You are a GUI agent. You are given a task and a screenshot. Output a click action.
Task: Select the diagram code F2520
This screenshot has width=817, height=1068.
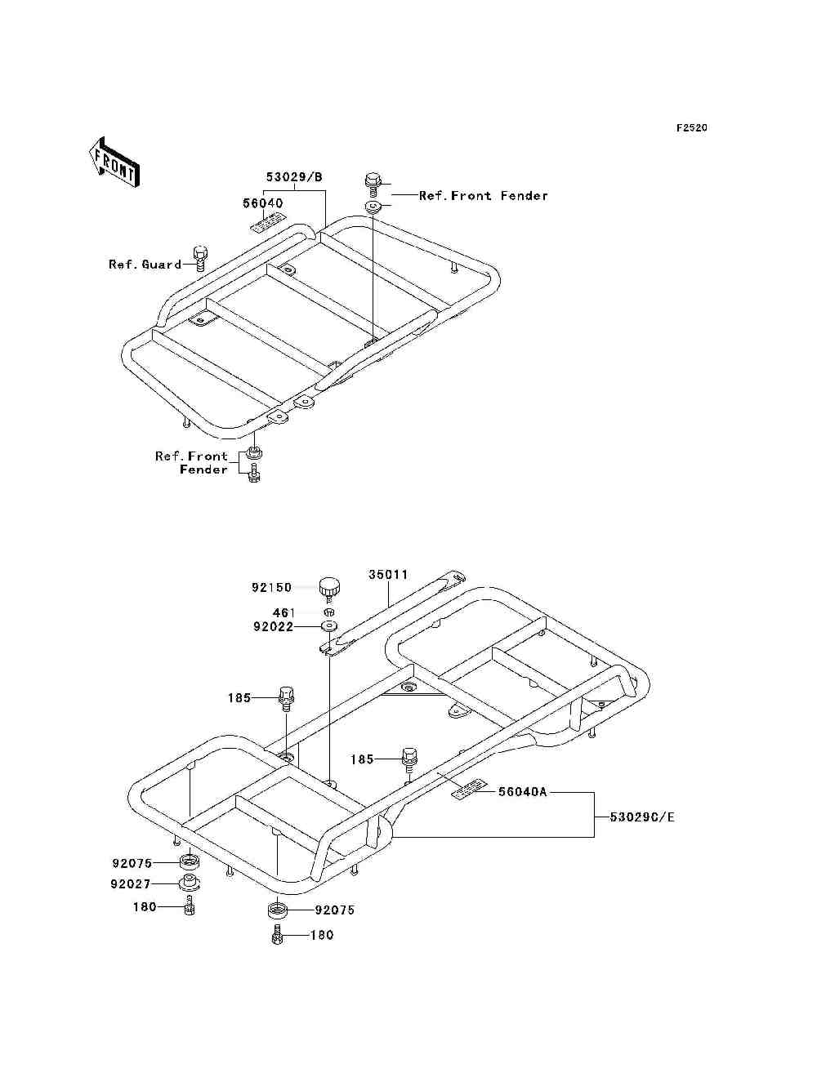pos(691,128)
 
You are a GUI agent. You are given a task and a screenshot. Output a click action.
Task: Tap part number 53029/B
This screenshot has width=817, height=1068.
pos(294,177)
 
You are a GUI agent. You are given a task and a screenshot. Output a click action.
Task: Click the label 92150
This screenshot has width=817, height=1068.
pos(271,588)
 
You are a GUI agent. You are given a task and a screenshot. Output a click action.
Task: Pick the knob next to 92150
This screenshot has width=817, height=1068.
pos(329,586)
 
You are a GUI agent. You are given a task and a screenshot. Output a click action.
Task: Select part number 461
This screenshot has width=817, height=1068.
pos(283,612)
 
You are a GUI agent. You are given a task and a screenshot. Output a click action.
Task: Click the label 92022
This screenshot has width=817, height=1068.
pos(273,627)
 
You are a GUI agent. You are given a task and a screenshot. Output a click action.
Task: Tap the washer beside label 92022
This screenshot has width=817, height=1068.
pos(329,626)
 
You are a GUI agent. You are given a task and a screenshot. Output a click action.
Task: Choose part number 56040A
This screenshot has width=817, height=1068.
pos(522,791)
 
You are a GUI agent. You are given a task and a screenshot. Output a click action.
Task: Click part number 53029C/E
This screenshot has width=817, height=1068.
pos(642,817)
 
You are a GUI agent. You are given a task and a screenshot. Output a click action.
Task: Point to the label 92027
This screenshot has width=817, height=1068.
pos(131,884)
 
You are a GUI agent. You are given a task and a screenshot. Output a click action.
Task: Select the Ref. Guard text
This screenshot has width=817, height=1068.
pos(145,265)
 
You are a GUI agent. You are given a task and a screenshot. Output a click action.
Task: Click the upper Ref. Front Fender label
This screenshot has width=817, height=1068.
pos(483,196)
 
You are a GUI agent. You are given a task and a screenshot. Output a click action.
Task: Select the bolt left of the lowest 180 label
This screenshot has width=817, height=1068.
pos(276,935)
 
